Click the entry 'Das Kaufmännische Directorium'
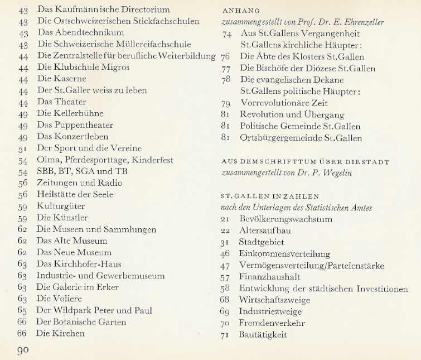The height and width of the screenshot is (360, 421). pyautogui.click(x=103, y=9)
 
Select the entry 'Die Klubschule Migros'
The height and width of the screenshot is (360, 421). pyautogui.click(x=83, y=67)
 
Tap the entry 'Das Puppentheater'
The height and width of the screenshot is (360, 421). pyautogui.click(x=75, y=125)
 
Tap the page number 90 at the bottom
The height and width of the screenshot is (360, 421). pyautogui.click(x=23, y=351)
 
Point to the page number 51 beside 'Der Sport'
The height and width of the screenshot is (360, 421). pyautogui.click(x=23, y=148)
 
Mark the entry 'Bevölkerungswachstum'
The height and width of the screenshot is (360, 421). pyautogui.click(x=285, y=219)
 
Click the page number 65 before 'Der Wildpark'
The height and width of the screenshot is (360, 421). pyautogui.click(x=23, y=310)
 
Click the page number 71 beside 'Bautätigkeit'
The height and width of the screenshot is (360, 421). pyautogui.click(x=226, y=335)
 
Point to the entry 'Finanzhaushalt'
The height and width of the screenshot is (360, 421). pyautogui.click(x=269, y=277)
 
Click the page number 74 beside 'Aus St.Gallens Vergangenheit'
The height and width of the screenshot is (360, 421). pyautogui.click(x=226, y=33)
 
